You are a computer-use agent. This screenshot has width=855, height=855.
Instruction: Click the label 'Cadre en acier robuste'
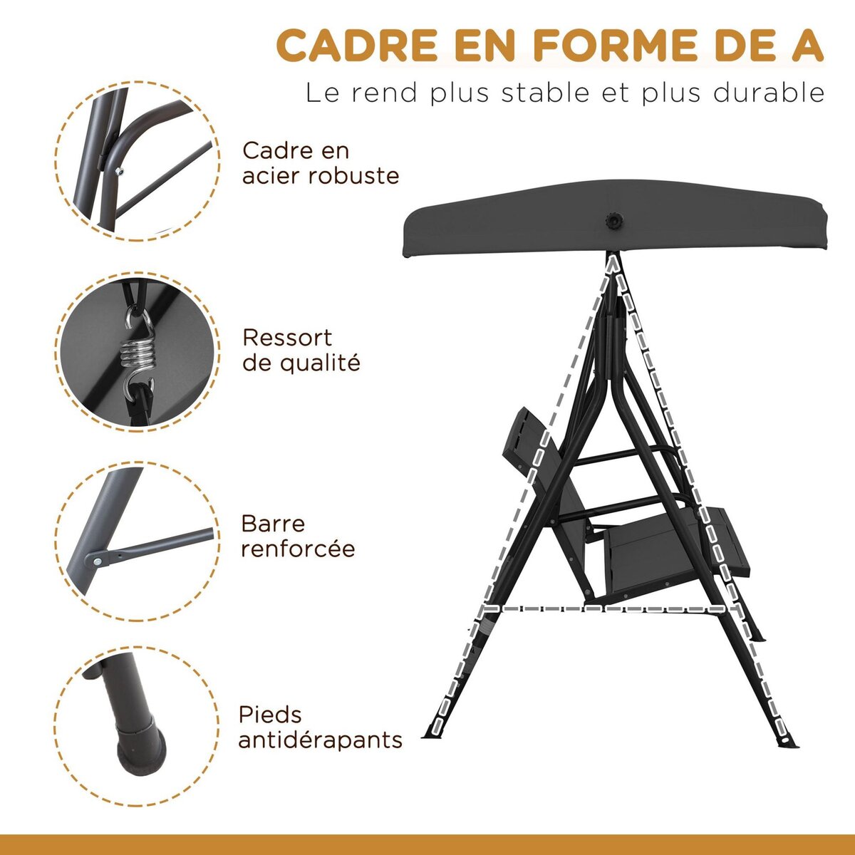[x=321, y=163]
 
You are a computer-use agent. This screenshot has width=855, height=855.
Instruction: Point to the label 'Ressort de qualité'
[x=301, y=350]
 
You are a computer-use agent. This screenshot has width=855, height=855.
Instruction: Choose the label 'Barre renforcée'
[x=298, y=536]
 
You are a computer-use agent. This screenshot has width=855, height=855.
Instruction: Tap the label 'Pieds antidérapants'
[x=320, y=727]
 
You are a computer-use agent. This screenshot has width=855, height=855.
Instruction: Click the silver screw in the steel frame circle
[x=118, y=169]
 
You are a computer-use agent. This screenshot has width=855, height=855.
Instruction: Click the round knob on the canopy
[x=612, y=222]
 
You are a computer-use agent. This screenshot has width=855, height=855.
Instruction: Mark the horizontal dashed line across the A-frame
[x=606, y=608]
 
